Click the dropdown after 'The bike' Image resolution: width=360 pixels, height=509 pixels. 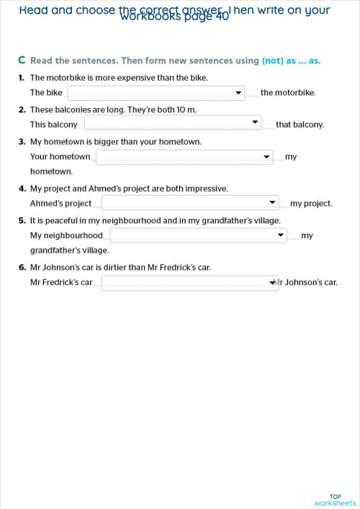156,92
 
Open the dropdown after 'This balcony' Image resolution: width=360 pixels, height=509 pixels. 172,123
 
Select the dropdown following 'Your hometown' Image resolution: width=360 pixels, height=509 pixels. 184,156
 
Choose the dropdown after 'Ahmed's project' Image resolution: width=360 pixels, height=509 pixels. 189,203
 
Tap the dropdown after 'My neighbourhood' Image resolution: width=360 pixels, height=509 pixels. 198,235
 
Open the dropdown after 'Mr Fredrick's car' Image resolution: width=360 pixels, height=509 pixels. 189,283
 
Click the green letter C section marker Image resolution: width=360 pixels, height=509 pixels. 22,60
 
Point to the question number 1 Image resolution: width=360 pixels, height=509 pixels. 22,77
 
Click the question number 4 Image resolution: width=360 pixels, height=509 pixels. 22,189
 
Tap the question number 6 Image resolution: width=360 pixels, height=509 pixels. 22,268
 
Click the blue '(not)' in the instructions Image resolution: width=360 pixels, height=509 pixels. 272,60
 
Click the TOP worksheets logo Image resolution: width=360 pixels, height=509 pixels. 335,500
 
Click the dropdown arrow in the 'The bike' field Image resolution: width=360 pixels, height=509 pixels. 238,93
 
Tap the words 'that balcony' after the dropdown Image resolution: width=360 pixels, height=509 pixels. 300,125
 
